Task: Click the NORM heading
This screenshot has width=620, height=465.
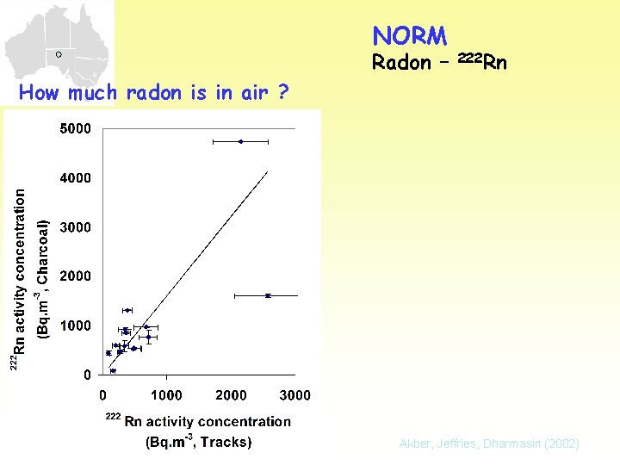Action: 410,35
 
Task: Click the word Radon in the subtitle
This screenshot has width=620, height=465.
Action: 401,62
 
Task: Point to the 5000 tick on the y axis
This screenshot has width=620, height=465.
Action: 74,129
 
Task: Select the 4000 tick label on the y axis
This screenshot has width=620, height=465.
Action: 74,178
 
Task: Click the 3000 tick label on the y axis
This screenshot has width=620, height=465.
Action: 74,227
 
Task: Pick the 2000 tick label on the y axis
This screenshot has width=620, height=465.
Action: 74,276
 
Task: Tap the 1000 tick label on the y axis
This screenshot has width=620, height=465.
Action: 74,325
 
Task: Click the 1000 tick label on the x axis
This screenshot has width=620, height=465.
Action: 166,395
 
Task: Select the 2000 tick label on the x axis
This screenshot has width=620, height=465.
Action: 231,395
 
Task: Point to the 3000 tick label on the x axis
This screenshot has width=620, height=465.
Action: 294,395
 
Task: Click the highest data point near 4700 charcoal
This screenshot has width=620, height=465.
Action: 240,141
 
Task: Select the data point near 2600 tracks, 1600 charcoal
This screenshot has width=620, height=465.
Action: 268,295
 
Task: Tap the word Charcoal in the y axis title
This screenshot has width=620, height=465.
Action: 42,250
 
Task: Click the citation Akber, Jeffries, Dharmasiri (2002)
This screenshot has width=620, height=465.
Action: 489,443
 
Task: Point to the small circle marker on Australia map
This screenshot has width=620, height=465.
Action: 58,54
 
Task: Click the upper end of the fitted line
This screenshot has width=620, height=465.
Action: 268,172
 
